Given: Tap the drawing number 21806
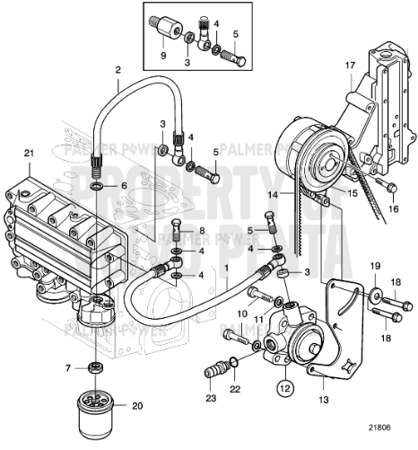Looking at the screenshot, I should pyautogui.click(x=389, y=438).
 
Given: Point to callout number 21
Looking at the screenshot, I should pyautogui.click(x=28, y=153).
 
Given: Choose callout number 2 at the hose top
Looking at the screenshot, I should pyautogui.click(x=118, y=69).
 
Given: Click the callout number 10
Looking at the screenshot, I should pyautogui.click(x=242, y=313).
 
